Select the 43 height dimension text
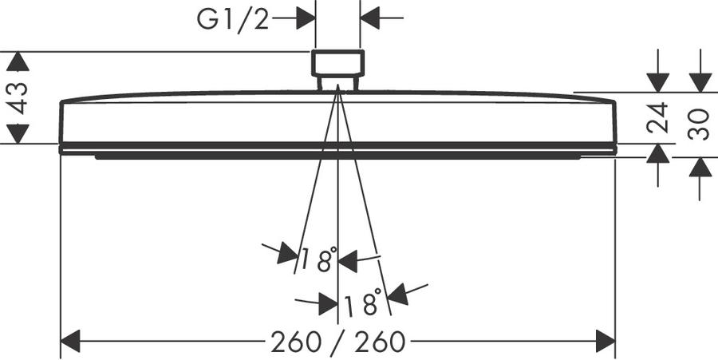point(18,98)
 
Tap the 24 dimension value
point(658,117)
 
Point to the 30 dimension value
point(700,124)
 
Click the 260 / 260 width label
point(338,342)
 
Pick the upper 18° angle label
point(319,259)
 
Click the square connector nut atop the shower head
point(338,63)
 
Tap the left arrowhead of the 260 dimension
point(70,341)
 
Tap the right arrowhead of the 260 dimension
point(606,341)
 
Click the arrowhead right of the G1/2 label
point(306,18)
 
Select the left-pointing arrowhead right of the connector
point(370,18)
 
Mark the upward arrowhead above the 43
point(18,61)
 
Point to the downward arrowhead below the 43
point(18,134)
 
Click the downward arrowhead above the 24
point(658,82)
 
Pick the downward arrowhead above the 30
point(700,82)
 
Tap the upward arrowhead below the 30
point(700,167)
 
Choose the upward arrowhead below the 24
point(658,153)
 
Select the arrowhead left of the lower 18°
point(329,304)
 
